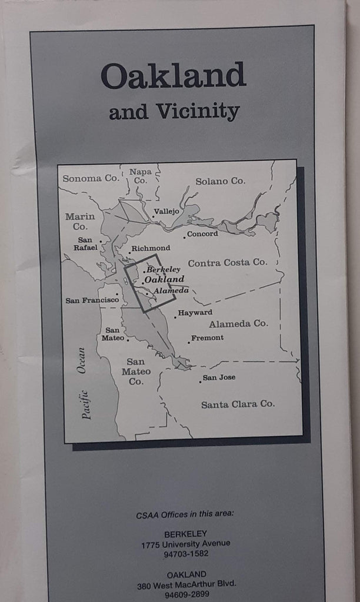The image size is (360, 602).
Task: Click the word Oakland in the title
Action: point(173,76)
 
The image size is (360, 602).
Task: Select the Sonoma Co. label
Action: point(91,179)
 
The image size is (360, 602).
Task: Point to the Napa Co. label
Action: point(140,176)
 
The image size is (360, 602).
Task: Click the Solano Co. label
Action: point(221,181)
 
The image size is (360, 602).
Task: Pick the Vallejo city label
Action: point(166,211)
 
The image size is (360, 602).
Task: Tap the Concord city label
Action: point(202,233)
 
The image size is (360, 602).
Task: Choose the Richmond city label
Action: point(151,248)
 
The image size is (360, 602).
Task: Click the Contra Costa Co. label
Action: point(227,262)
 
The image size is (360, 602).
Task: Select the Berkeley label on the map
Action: point(164,269)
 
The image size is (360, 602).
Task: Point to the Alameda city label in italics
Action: point(171,290)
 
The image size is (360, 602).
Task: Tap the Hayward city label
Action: point(195,312)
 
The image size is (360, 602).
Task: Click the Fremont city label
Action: point(207,337)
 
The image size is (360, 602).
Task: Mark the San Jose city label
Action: point(219,377)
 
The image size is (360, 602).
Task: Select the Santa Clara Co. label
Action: point(238,404)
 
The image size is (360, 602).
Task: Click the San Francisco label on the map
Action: point(92,300)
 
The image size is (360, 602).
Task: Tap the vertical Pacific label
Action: point(86,404)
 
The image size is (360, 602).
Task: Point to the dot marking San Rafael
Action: point(101,241)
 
